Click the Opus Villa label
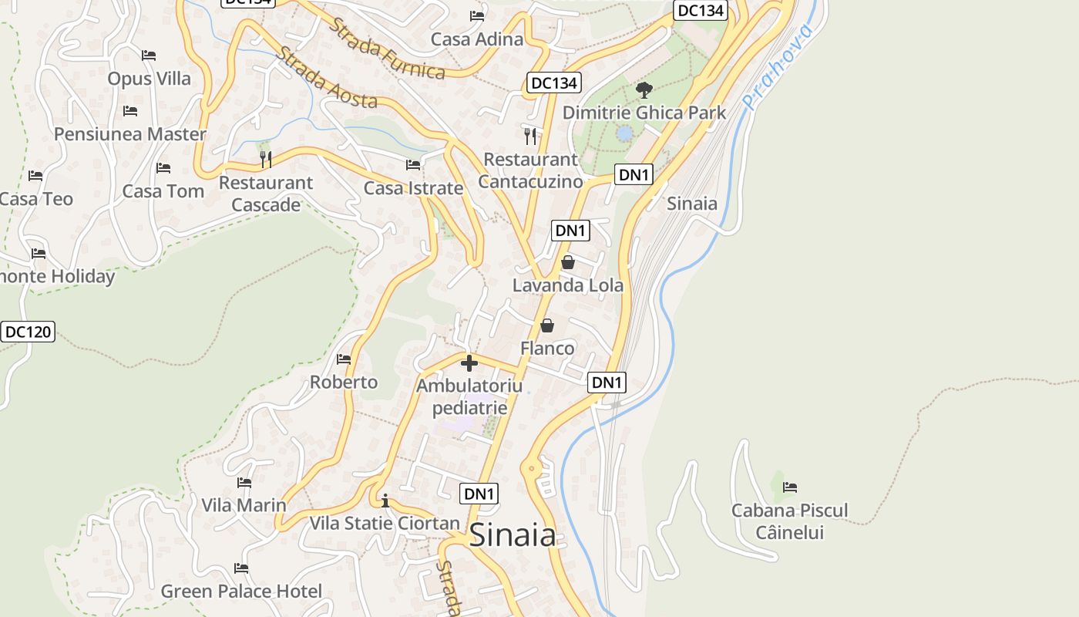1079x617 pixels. [149, 78]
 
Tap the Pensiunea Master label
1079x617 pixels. [129, 133]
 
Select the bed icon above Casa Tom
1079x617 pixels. [163, 168]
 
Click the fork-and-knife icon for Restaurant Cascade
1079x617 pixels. [266, 160]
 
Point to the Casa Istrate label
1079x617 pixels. [413, 187]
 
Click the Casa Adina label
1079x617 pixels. [477, 39]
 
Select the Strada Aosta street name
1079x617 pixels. [327, 78]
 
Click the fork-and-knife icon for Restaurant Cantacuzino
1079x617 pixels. [529, 137]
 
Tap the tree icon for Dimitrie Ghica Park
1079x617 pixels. [644, 90]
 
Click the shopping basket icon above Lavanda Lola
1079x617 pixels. [568, 263]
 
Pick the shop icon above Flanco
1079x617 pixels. [547, 326]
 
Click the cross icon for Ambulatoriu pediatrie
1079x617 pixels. [469, 363]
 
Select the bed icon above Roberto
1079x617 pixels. [344, 359]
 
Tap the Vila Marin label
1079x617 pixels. [244, 505]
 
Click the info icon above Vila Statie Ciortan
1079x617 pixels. [385, 501]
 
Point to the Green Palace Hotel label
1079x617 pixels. [241, 591]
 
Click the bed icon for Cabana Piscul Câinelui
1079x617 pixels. [790, 487]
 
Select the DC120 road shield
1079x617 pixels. [28, 332]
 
